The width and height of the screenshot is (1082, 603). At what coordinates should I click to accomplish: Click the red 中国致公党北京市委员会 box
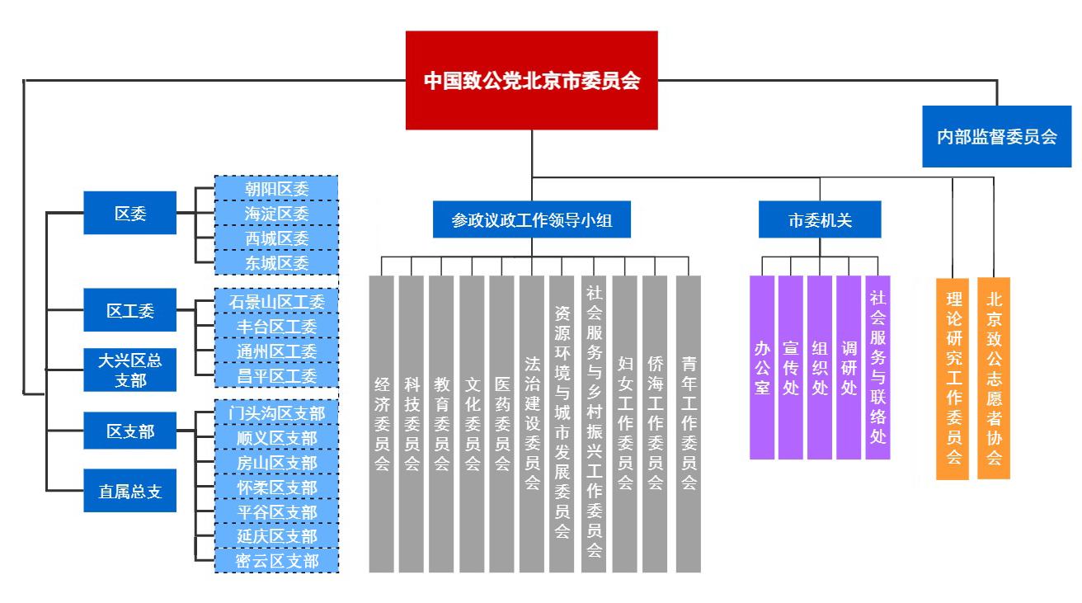pyautogui.click(x=531, y=80)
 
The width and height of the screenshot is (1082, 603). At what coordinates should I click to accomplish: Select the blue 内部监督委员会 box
pyautogui.click(x=996, y=136)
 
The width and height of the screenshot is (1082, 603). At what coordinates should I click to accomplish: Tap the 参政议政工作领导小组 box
pyautogui.click(x=531, y=220)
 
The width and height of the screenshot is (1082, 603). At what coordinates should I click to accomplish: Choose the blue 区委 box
pyautogui.click(x=130, y=213)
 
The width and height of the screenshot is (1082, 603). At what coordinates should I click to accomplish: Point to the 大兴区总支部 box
pyautogui.click(x=130, y=370)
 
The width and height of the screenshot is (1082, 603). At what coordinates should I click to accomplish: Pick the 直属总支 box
pyautogui.click(x=130, y=491)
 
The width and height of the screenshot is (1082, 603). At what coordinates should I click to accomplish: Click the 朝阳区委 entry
pyautogui.click(x=276, y=188)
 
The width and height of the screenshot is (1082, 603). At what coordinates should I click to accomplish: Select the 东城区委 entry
pyautogui.click(x=276, y=263)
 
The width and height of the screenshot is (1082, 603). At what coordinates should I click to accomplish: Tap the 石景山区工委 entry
pyautogui.click(x=276, y=301)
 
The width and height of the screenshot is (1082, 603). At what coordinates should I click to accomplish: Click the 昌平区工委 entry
pyautogui.click(x=276, y=376)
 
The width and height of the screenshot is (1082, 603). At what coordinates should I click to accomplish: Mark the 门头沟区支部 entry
pyautogui.click(x=276, y=412)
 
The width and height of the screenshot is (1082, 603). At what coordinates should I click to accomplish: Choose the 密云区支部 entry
pyautogui.click(x=276, y=561)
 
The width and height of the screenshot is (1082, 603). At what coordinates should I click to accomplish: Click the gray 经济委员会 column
pyautogui.click(x=382, y=423)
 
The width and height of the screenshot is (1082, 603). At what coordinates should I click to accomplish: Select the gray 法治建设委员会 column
pyautogui.click(x=532, y=423)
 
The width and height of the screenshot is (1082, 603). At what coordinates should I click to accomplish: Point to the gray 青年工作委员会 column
pyautogui.click(x=689, y=423)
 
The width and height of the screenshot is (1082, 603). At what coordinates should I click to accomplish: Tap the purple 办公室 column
pyautogui.click(x=762, y=367)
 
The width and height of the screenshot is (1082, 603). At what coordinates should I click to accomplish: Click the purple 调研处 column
pyautogui.click(x=849, y=367)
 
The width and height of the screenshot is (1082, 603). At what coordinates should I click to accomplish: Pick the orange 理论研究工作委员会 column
pyautogui.click(x=953, y=378)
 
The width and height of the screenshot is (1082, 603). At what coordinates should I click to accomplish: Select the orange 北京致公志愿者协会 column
pyautogui.click(x=994, y=378)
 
